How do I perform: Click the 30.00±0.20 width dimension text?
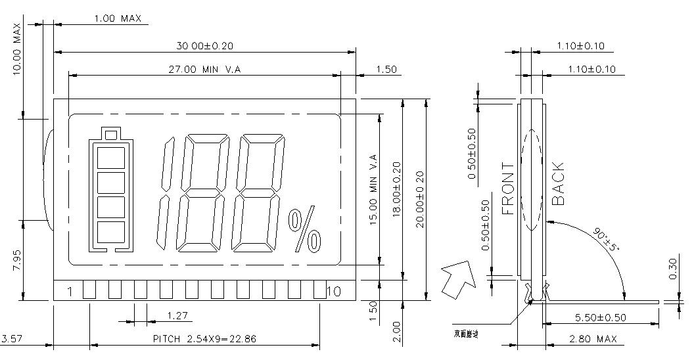[x=204, y=45]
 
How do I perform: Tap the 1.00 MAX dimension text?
[x=118, y=18]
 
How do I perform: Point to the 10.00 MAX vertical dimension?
[x=17, y=49]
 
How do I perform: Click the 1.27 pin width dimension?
[x=177, y=315]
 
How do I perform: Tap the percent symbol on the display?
[x=305, y=231]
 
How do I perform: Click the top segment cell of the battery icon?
[x=110, y=159]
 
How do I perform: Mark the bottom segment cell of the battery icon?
[x=110, y=233]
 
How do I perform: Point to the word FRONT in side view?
[x=508, y=189]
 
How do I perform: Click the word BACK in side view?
[x=557, y=184]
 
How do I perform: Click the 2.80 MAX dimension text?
[x=593, y=339]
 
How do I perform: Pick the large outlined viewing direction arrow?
[x=457, y=278]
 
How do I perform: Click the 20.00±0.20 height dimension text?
[x=419, y=199]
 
